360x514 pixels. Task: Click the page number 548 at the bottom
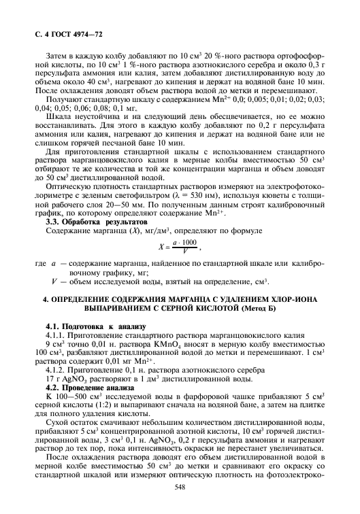[180, 487]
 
